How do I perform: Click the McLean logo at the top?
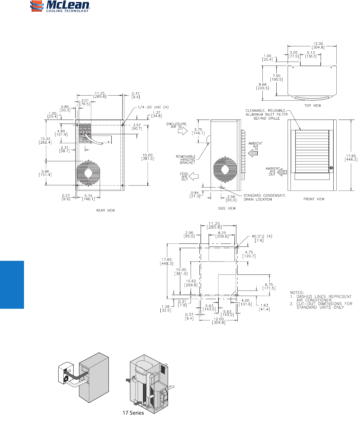click(x=60, y=6)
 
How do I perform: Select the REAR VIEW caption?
click(x=105, y=211)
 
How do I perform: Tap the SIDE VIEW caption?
click(x=227, y=209)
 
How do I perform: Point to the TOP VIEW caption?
click(x=313, y=106)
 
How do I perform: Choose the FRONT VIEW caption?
click(x=314, y=199)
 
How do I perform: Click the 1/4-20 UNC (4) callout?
click(x=153, y=107)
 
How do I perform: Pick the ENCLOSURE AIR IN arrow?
click(x=183, y=131)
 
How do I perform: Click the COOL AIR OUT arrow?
click(x=193, y=176)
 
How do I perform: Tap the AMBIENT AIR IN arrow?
click(x=253, y=154)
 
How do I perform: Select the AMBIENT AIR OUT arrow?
click(x=282, y=172)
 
